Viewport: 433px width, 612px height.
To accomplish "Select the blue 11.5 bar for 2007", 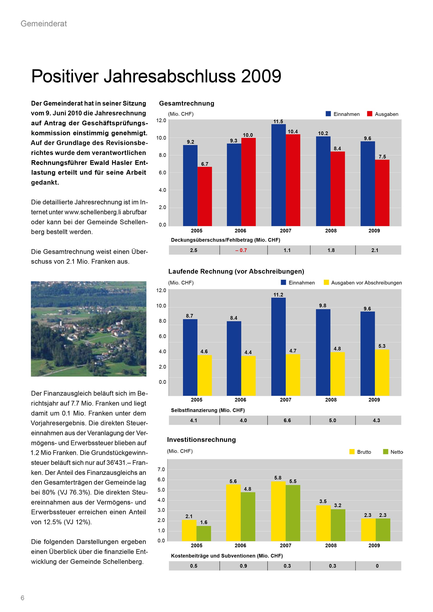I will [278, 175].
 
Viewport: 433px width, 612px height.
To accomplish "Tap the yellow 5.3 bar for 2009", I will [382, 372].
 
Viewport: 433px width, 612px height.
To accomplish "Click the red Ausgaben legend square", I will [370, 114].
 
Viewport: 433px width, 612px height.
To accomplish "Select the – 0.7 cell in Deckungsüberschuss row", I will [241, 250].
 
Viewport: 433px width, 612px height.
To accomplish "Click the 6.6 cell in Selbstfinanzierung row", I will [287, 420].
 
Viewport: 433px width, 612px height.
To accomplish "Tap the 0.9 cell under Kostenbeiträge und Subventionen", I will [243, 566].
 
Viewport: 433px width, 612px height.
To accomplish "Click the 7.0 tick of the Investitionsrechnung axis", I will [161, 469].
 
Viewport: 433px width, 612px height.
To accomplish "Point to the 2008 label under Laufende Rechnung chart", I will [331, 400].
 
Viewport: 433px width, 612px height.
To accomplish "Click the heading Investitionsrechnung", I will [201, 440].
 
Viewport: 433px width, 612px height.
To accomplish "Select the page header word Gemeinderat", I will [44, 24].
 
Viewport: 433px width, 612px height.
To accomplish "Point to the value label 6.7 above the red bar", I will [205, 164].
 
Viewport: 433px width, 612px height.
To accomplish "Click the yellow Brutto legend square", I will [352, 452].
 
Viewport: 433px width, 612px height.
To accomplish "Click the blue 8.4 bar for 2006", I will [234, 358].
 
